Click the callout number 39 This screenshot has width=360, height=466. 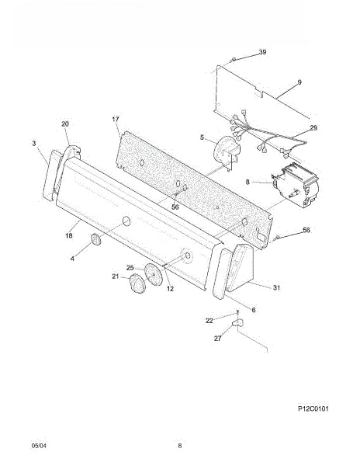pyautogui.click(x=262, y=52)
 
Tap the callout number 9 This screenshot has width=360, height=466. pyautogui.click(x=299, y=82)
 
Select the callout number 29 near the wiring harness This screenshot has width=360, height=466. pyautogui.click(x=313, y=128)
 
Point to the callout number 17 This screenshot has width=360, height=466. pyautogui.click(x=115, y=119)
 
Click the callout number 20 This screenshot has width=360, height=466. pyautogui.click(x=65, y=124)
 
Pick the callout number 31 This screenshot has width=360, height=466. pyautogui.click(x=276, y=287)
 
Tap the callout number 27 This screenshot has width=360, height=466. pyautogui.click(x=217, y=338)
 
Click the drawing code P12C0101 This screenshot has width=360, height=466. pyautogui.click(x=313, y=409)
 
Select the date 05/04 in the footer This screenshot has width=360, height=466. pyautogui.click(x=39, y=446)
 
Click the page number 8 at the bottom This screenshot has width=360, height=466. pyautogui.click(x=179, y=446)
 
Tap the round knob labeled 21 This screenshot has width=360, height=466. pyautogui.click(x=137, y=283)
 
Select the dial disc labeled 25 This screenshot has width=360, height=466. pyautogui.click(x=154, y=274)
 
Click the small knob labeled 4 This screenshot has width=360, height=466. pyautogui.click(x=96, y=239)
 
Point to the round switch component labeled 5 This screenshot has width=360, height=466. pyautogui.click(x=226, y=152)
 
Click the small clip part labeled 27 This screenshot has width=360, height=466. pyautogui.click(x=237, y=322)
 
